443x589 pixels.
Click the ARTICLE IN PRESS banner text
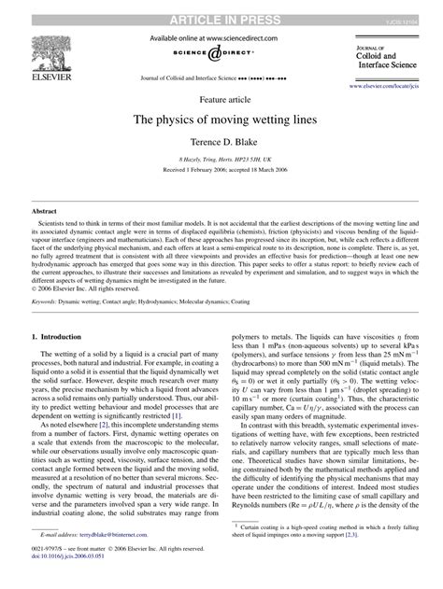point(221,8)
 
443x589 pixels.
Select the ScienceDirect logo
point(221,54)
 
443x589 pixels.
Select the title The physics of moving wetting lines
point(221,119)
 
